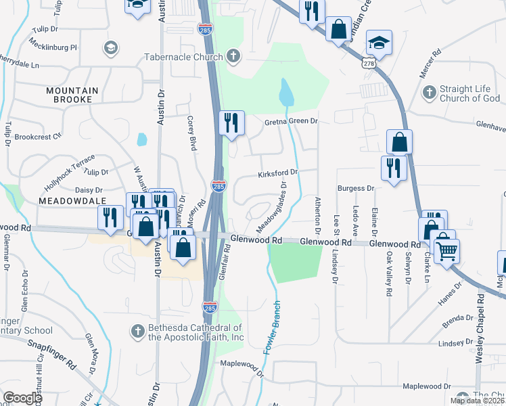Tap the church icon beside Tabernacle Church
click(x=233, y=56)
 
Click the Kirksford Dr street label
click(x=277, y=175)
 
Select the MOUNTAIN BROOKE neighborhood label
click(x=72, y=95)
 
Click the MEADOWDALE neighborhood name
click(x=70, y=202)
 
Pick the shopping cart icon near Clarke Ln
click(x=446, y=252)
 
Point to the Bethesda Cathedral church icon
click(x=137, y=331)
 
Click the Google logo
click(x=22, y=398)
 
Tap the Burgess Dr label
click(x=356, y=187)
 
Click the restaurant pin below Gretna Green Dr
click(x=231, y=122)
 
